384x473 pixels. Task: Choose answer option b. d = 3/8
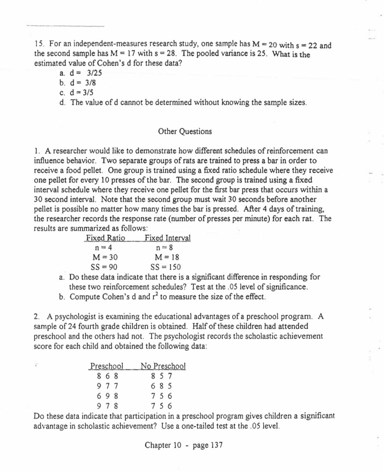pyautogui.click(x=78, y=83)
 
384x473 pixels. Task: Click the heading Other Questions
pyautogui.click(x=185, y=132)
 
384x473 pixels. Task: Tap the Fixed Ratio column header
pyautogui.click(x=105, y=238)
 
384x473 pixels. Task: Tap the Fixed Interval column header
pyautogui.click(x=167, y=238)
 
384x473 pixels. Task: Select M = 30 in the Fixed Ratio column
pyautogui.click(x=105, y=257)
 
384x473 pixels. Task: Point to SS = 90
pyautogui.click(x=104, y=267)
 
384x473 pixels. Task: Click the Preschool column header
pyautogui.click(x=107, y=366)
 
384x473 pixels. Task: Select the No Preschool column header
pyautogui.click(x=163, y=366)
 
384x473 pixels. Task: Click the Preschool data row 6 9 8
pyautogui.click(x=107, y=396)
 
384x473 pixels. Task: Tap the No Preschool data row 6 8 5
pyautogui.click(x=161, y=386)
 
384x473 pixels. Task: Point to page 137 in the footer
pyautogui.click(x=207, y=445)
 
